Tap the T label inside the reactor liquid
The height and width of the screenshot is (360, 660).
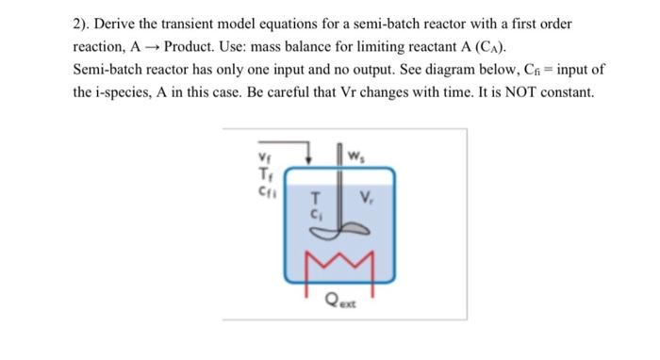[x=317, y=199]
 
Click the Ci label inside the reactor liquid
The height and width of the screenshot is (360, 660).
[x=317, y=212]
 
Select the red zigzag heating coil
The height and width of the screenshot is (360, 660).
[x=335, y=258]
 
